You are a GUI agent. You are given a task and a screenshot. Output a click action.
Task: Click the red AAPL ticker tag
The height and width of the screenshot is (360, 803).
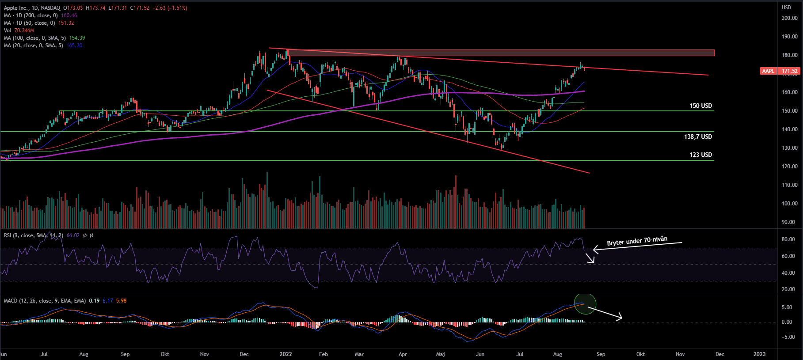pyautogui.click(x=768, y=71)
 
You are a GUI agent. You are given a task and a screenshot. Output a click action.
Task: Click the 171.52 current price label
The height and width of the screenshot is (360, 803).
pyautogui.click(x=790, y=71)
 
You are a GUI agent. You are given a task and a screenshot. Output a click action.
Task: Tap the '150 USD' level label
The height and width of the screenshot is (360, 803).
pyautogui.click(x=700, y=106)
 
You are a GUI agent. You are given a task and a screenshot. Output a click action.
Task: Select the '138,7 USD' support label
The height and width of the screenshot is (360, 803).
pyautogui.click(x=698, y=136)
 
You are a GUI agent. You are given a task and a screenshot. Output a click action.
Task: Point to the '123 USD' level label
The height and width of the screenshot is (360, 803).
pyautogui.click(x=700, y=155)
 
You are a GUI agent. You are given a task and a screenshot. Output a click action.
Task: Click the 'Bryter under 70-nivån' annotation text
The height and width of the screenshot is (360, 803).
pyautogui.click(x=637, y=241)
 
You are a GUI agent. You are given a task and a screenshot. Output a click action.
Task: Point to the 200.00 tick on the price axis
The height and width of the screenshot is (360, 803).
pyautogui.click(x=789, y=18)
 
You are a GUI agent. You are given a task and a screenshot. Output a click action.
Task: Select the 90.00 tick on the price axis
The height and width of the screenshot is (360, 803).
pyautogui.click(x=788, y=222)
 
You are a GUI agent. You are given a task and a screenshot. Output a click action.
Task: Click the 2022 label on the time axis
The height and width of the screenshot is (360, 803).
pyautogui.click(x=286, y=354)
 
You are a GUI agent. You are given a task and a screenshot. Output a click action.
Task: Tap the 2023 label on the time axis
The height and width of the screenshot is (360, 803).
pyautogui.click(x=759, y=354)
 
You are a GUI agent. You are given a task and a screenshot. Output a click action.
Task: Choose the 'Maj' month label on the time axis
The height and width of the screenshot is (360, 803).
pyautogui.click(x=440, y=354)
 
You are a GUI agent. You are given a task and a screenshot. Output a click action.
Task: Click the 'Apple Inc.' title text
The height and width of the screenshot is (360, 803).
pyautogui.click(x=17, y=8)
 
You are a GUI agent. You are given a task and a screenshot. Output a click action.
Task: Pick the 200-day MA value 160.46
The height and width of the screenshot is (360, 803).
pyautogui.click(x=69, y=15)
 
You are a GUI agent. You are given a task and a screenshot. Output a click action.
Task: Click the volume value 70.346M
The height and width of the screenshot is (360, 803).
pyautogui.click(x=24, y=30)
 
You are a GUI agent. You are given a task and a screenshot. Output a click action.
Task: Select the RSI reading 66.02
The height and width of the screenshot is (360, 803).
pyautogui.click(x=73, y=235)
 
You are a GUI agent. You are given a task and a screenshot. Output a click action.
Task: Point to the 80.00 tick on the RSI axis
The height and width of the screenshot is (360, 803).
pyautogui.click(x=788, y=239)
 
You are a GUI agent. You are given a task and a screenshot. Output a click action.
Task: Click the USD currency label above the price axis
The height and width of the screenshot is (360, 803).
pyautogui.click(x=786, y=8)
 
